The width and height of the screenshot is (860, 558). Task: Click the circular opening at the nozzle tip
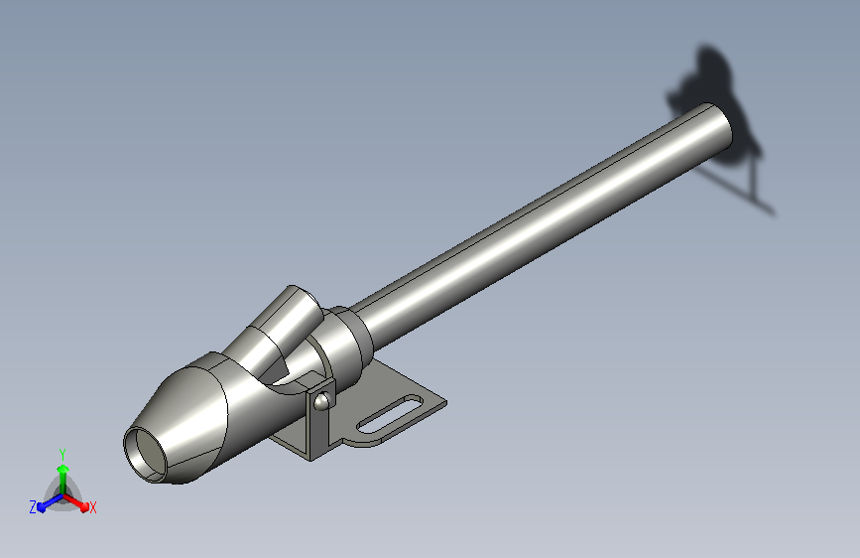(x=146, y=454)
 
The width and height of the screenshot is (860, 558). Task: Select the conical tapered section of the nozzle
(x=181, y=423)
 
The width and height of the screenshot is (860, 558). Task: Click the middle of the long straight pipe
(x=541, y=222)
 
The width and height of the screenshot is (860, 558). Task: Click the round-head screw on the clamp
(x=321, y=402)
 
